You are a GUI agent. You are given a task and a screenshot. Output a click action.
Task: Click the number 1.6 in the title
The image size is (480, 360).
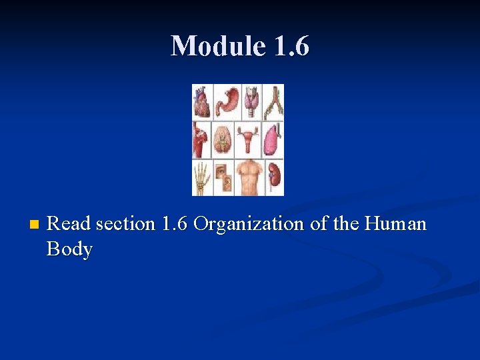pyautogui.click(x=291, y=46)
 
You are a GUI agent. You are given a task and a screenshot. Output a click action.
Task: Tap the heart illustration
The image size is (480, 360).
pyautogui.click(x=202, y=102)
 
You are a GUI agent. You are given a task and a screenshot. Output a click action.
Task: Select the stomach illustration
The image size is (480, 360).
pyautogui.click(x=227, y=101)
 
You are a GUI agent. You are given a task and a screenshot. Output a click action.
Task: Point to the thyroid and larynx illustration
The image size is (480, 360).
pyautogui.click(x=251, y=101)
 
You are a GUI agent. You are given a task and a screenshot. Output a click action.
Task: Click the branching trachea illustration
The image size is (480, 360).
pyautogui.click(x=273, y=101)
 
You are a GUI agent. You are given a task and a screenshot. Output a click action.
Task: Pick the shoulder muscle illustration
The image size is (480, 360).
pyautogui.click(x=201, y=140)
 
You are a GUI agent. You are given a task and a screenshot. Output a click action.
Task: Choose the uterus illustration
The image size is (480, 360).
pyautogui.click(x=251, y=140)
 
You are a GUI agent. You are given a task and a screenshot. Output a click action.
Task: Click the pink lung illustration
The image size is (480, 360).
pyautogui.click(x=273, y=140)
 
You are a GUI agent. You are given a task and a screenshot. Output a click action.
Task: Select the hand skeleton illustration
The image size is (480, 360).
pyautogui.click(x=202, y=177)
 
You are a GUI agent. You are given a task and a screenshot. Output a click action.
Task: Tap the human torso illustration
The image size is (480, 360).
pyautogui.click(x=251, y=177)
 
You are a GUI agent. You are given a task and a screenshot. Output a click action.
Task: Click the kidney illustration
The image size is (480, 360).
pyautogui.click(x=274, y=177)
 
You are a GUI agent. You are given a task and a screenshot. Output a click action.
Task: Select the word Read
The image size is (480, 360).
pyautogui.click(x=69, y=224)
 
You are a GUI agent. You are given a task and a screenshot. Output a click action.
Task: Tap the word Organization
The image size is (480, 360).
pyautogui.click(x=248, y=224)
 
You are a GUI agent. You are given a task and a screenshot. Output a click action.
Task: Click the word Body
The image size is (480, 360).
pyautogui.click(x=69, y=249)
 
